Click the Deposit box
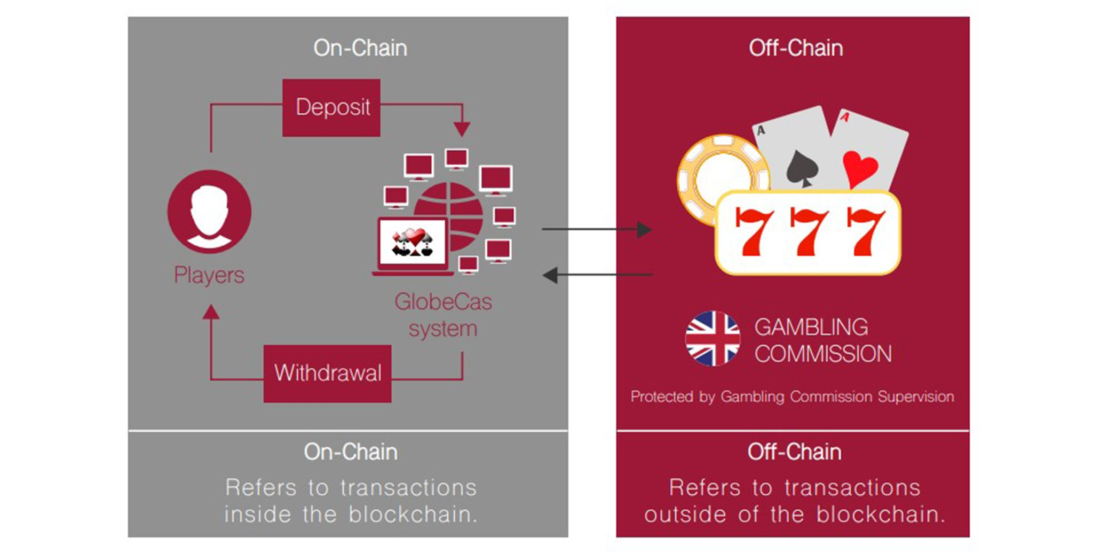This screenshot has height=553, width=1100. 331,107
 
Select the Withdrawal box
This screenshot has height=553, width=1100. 327,373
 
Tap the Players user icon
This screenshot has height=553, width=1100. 209,212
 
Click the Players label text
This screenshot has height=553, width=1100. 209,275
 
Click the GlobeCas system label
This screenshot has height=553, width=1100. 443,315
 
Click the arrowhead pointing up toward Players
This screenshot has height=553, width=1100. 211,312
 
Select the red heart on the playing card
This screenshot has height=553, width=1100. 860,168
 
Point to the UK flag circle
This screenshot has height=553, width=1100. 713,339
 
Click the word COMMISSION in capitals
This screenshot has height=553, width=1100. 823,354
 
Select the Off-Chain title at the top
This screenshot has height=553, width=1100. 795,48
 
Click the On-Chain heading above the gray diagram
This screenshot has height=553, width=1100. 360,48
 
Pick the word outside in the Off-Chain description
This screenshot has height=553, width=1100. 686,514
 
